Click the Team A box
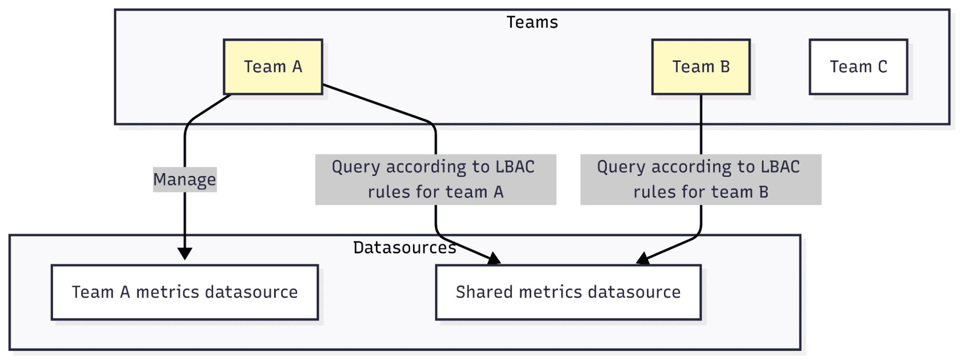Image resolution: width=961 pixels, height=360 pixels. point(273,67)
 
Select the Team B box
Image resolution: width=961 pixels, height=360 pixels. point(700,67)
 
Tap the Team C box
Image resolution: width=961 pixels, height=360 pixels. point(858,67)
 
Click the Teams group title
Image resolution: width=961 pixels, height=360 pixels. point(532,23)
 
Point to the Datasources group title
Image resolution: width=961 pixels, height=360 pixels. point(404,248)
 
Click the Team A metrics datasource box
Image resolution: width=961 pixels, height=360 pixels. point(185,292)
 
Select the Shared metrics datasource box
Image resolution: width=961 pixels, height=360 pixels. point(568,292)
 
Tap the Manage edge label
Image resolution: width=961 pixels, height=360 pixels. point(185,180)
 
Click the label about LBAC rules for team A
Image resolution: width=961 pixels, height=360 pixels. point(435,179)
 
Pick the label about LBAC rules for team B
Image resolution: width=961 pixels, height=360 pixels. point(700,179)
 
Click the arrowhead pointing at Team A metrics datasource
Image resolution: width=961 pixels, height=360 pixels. point(185,253)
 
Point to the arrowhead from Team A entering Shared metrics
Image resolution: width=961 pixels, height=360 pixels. point(494,260)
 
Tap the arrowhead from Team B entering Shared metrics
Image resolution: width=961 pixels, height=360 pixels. point(643,259)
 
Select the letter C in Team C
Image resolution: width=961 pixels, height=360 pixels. point(882,67)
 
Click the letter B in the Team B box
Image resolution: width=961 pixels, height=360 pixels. point(725,67)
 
